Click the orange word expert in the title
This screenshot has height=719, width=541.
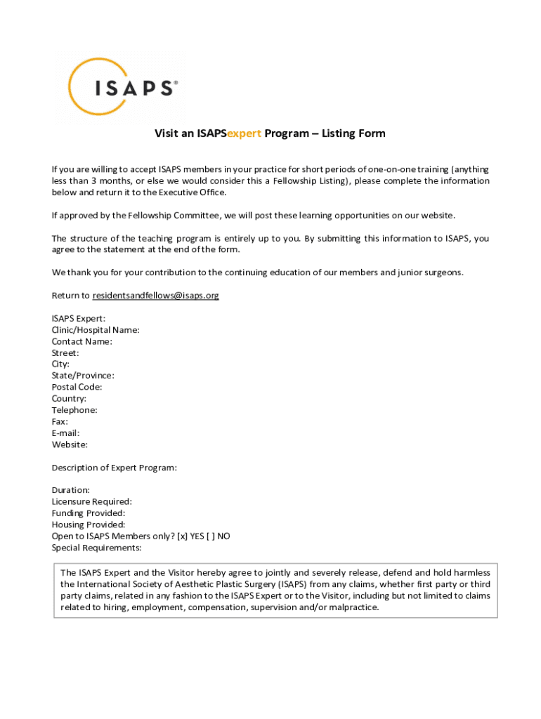[x=245, y=133]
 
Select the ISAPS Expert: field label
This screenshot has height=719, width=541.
[x=79, y=319]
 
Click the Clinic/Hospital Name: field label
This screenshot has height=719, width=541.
[x=96, y=330]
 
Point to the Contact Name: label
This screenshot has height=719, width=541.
[x=82, y=342]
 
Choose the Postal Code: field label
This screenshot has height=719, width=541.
[x=77, y=387]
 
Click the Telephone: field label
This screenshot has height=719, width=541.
[x=74, y=410]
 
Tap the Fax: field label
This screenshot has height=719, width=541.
[x=60, y=421]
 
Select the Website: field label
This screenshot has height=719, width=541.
[x=70, y=444]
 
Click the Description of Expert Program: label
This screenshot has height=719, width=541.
[x=114, y=468]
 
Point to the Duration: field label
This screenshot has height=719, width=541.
[x=70, y=490]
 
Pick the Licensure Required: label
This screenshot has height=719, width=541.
[x=91, y=501]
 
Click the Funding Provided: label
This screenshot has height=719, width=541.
[x=89, y=513]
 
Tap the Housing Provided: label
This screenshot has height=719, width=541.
[x=89, y=525]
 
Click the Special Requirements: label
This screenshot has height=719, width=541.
[x=96, y=548]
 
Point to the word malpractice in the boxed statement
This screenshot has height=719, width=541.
[x=355, y=607]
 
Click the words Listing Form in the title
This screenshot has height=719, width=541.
[x=353, y=133]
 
